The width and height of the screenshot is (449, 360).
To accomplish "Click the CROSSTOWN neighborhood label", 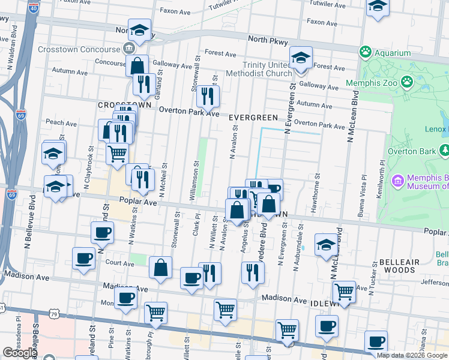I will tap(124, 104).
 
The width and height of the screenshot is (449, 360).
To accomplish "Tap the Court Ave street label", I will tap(119, 263).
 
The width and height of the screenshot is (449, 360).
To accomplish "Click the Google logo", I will tap(20, 353).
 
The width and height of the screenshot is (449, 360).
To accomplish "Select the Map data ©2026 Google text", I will tap(412, 355).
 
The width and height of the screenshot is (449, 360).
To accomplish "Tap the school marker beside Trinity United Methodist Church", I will tap(301, 59).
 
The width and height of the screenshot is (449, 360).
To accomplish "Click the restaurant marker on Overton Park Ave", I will tap(208, 97).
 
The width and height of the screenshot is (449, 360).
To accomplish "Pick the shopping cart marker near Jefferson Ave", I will tap(344, 292).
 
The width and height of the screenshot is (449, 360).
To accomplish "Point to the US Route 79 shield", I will tap(54, 313).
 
